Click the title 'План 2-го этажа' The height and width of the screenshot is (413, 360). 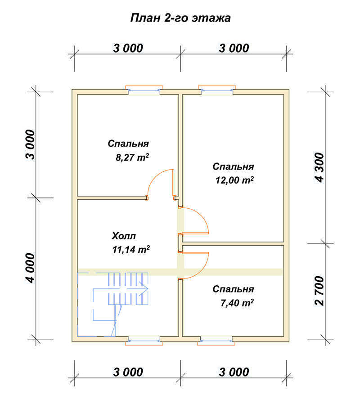[x=180, y=18]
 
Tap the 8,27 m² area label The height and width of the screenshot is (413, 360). [x=132, y=157]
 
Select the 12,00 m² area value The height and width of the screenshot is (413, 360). [x=234, y=180]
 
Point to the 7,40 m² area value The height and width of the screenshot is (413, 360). [x=237, y=303]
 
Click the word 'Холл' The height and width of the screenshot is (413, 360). [x=124, y=236]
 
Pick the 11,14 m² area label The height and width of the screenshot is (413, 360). [x=131, y=249]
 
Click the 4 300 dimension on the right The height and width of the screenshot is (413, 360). [x=319, y=167]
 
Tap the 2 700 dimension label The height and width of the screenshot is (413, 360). [x=319, y=291]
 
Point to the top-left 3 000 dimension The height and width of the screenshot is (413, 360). [x=128, y=48]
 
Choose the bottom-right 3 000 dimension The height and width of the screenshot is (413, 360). [x=234, y=372]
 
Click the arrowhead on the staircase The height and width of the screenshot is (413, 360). [x=145, y=288]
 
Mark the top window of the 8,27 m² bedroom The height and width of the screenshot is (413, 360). [x=144, y=90]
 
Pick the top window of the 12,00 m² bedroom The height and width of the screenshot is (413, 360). [x=217, y=90]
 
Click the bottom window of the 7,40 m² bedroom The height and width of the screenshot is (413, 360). [x=216, y=341]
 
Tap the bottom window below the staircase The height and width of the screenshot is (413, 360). [x=144, y=341]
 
